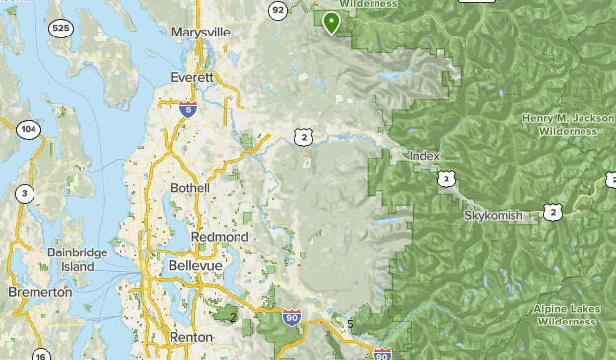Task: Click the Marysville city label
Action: (200, 33)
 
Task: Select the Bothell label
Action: (190, 187)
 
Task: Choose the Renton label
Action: (190, 337)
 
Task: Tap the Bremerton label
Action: (40, 293)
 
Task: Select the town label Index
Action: (424, 157)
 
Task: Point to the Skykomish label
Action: (493, 215)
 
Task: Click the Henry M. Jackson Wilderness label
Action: (561, 124)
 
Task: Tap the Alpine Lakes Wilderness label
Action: (567, 314)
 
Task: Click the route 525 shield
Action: (62, 27)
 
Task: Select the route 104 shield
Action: (28, 129)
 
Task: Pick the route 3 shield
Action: (24, 193)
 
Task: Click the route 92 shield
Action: (277, 10)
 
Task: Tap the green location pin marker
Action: (331, 21)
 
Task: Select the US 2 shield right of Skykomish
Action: (553, 211)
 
